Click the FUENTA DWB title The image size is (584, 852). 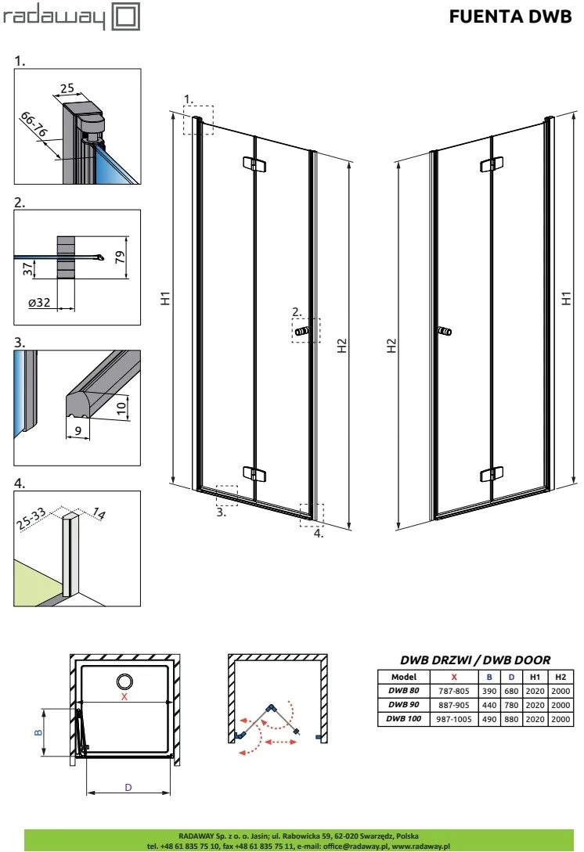tap(510, 17)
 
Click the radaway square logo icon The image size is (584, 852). tap(125, 16)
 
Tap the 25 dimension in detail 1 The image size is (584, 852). tap(67, 88)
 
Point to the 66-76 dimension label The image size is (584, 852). tap(34, 124)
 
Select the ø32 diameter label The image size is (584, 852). tap(39, 303)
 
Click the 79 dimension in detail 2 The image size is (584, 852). tap(121, 257)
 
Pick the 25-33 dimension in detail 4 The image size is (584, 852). tap(31, 519)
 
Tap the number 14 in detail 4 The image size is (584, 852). tap(99, 513)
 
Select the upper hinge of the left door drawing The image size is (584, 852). tap(254, 164)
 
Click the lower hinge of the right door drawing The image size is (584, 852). tap(492, 474)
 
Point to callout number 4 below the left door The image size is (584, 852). tap(318, 534)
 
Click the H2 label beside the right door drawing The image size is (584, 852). tap(391, 346)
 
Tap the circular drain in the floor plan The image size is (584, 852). tap(124, 681)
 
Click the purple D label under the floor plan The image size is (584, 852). tap(128, 787)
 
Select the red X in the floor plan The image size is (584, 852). tap(124, 696)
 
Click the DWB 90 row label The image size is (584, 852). tap(404, 704)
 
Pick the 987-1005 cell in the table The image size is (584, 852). tap(454, 719)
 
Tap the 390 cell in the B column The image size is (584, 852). tap(489, 691)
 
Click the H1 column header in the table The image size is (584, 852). tap(535, 677)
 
